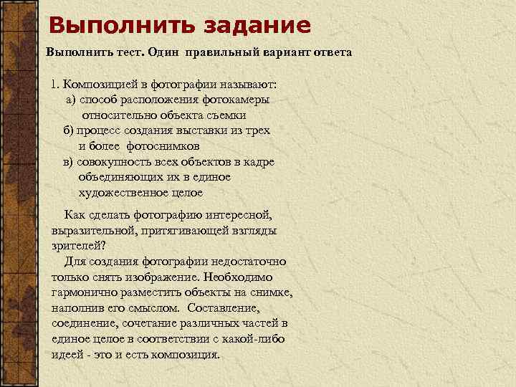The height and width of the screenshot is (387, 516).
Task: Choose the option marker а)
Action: click(x=71, y=100)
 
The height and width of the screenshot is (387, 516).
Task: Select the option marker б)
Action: click(x=69, y=130)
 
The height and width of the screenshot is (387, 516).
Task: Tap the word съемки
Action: click(x=224, y=115)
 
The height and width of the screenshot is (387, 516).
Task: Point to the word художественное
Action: click(x=118, y=192)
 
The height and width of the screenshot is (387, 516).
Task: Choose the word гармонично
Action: click(x=82, y=292)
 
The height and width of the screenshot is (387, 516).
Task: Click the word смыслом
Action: click(x=154, y=308)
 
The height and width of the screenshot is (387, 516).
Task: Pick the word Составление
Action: click(x=224, y=308)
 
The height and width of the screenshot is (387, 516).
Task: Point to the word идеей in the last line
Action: click(x=68, y=355)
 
